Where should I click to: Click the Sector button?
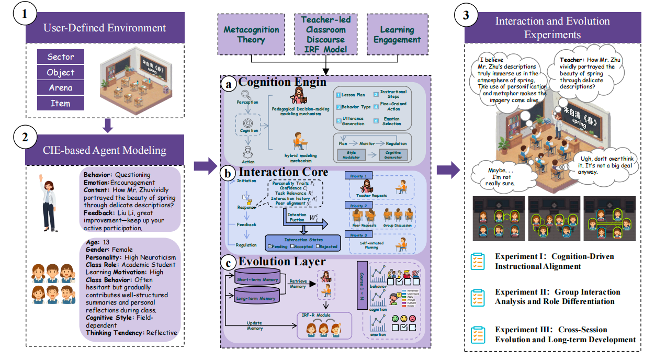coord(61,57)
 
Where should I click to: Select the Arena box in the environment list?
coord(61,88)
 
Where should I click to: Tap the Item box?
coord(61,103)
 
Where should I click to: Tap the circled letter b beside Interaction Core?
coord(230,173)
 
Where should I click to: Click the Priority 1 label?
coord(359,176)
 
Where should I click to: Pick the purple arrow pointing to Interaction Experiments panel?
coord(448,169)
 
